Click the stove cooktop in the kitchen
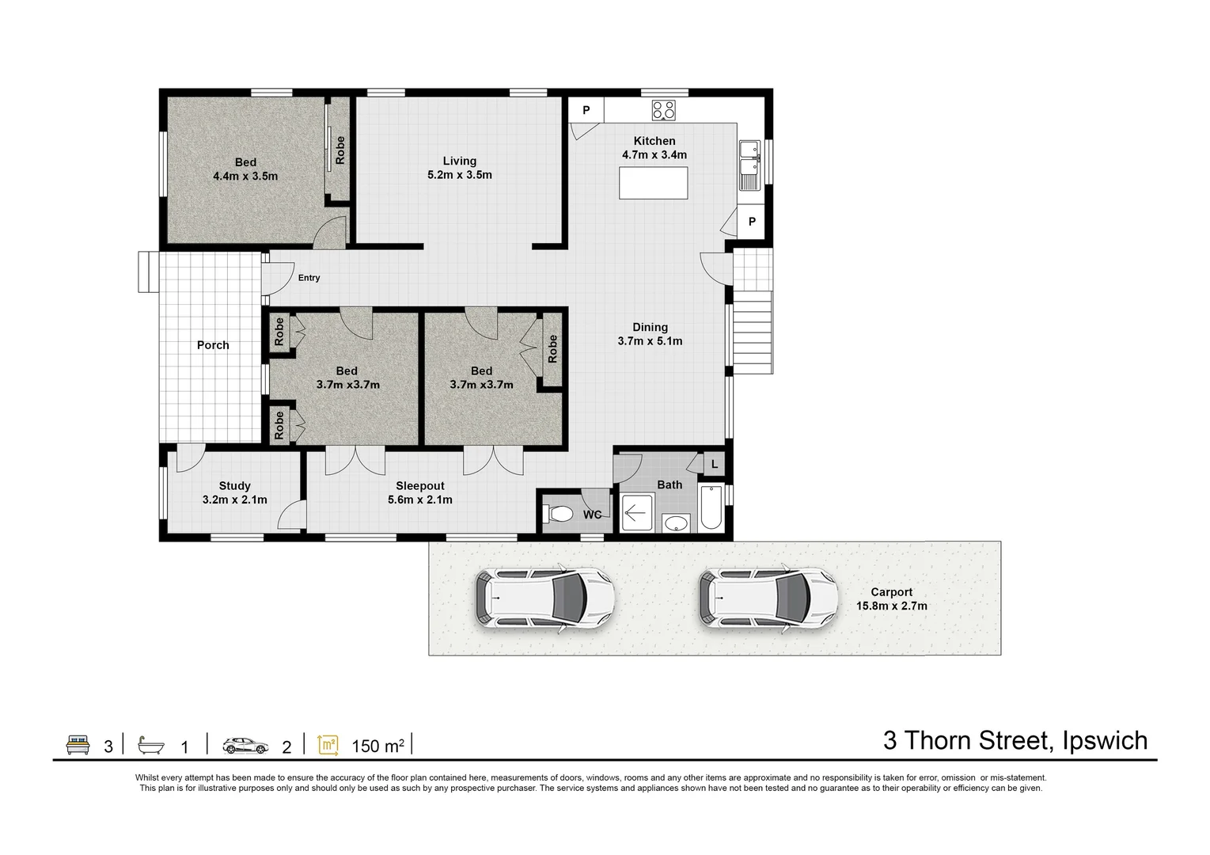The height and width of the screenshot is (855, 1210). pos(663,110)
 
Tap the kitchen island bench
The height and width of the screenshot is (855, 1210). pos(654,184)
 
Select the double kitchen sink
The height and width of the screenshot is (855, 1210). pos(749,165)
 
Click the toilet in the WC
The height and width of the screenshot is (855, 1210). pos(560,515)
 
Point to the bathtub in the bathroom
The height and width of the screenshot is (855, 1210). pos(709,508)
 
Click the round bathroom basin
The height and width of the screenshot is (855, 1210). pos(675,522)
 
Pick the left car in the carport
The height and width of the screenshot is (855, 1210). pos(544,598)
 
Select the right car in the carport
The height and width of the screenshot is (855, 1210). pos(768,598)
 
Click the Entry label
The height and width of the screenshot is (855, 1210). pos(309,278)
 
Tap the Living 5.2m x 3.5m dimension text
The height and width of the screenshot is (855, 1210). pos(459,175)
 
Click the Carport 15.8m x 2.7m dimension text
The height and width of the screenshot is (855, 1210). pos(891,606)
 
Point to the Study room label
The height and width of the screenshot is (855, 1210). pos(234,486)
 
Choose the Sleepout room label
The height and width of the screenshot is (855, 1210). pos(419,486)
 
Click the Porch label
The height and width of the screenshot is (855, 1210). pos(213,345)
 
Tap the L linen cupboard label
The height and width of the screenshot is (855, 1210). pos(714,465)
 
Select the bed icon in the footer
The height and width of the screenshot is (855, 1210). pos(78,745)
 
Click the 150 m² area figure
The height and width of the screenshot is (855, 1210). pos(377,746)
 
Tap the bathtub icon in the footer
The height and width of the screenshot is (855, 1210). pos(151,745)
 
